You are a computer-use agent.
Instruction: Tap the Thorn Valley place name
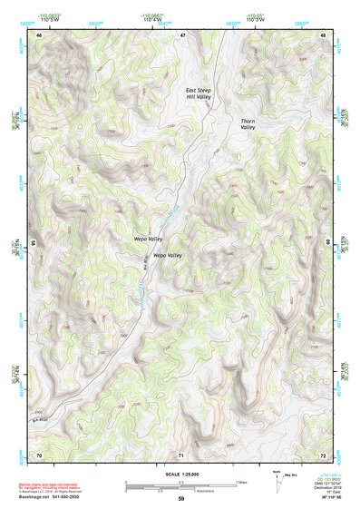pyautogui.click(x=249, y=124)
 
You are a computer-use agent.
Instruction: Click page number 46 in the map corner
pyautogui.click(x=39, y=34)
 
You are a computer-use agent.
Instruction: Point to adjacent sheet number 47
pyautogui.click(x=181, y=34)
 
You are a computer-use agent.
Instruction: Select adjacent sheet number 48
pyautogui.click(x=323, y=34)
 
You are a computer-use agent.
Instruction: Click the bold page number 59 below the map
pyautogui.click(x=180, y=499)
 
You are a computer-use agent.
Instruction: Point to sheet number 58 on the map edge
pyautogui.click(x=34, y=243)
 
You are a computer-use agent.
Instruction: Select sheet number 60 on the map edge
pyautogui.click(x=327, y=243)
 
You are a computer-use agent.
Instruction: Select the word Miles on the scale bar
pyautogui.click(x=241, y=481)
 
